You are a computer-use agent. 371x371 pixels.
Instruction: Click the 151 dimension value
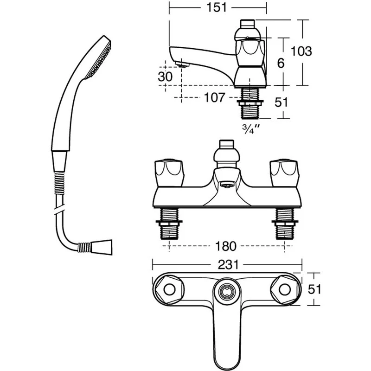(x=218, y=7)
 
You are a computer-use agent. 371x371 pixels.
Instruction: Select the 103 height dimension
(x=302, y=51)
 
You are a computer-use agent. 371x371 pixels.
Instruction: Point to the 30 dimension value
(x=165, y=77)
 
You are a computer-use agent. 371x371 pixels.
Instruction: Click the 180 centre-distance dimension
(x=225, y=246)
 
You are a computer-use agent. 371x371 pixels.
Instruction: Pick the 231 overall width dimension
(x=227, y=264)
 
